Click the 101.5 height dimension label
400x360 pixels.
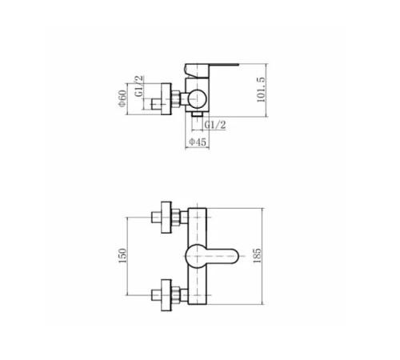(x=261, y=90)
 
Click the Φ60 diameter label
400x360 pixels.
(x=122, y=98)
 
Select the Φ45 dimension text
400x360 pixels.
(x=198, y=142)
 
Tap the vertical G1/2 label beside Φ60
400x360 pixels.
(x=139, y=86)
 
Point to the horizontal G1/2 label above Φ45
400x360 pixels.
(x=215, y=125)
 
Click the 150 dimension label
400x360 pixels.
(x=122, y=256)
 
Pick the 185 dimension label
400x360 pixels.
(x=257, y=256)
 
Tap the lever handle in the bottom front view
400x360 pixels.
(x=211, y=256)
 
